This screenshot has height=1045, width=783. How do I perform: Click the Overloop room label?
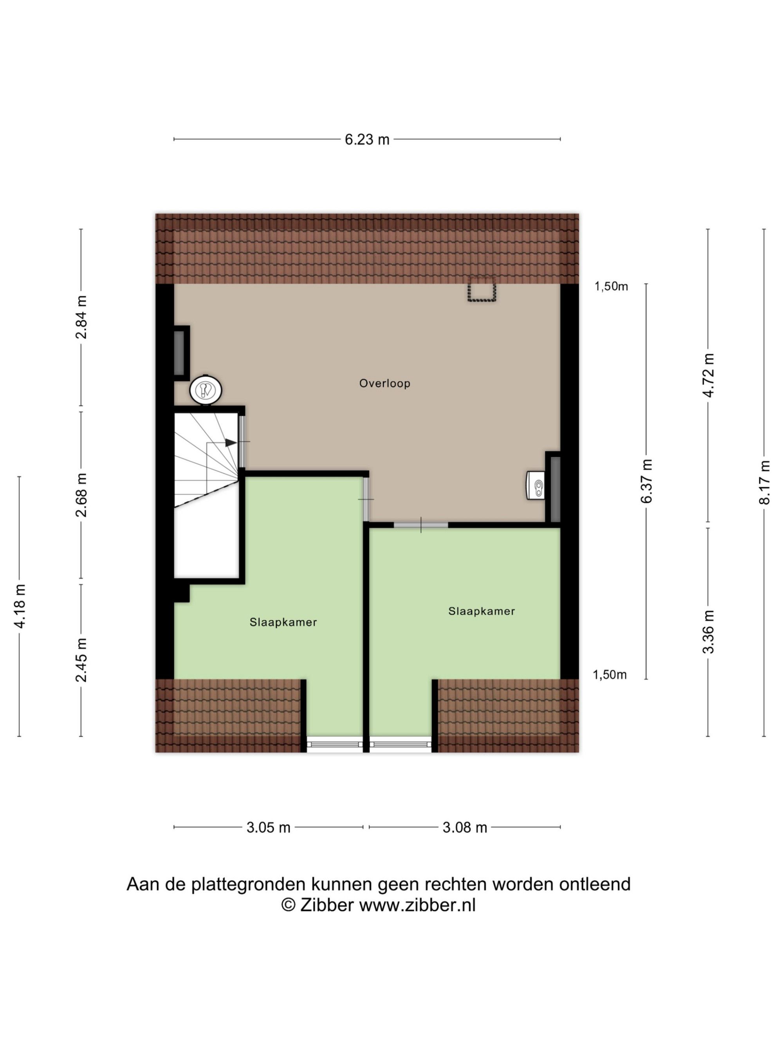[385, 383]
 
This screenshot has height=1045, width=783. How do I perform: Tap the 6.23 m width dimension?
[367, 139]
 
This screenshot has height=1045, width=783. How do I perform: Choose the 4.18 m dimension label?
[20, 606]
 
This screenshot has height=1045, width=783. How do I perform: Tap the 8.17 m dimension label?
[764, 482]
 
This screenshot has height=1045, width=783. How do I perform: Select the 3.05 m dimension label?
[268, 827]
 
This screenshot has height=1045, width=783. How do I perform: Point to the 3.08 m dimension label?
[464, 827]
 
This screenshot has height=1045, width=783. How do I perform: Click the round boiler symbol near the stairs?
[206, 390]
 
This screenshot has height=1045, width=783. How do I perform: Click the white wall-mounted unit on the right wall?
[535, 485]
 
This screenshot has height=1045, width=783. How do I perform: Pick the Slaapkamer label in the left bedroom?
[283, 622]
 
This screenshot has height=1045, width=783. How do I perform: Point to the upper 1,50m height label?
[611, 286]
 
